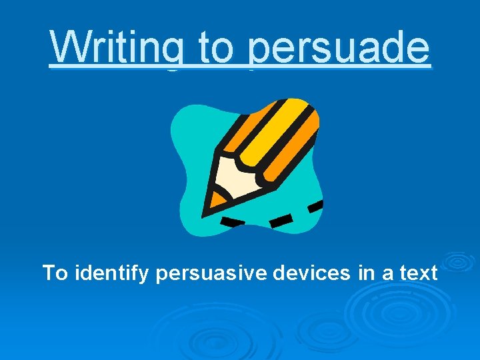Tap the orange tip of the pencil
point(214,199)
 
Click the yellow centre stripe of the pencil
point(273,137)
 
